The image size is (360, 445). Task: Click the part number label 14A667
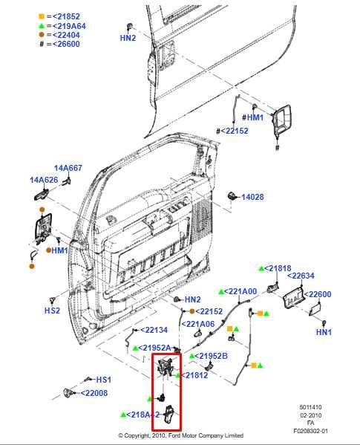pos(68,168)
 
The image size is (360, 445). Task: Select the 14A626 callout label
pos(44,180)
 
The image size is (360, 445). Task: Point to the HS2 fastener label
pos(52,311)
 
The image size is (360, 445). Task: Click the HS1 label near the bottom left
pos(103,380)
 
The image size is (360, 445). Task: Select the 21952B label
pos(212,356)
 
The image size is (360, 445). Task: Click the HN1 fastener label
pos(324,332)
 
